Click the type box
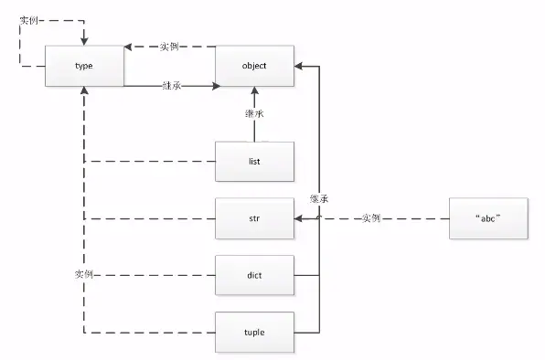tap(84, 67)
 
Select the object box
tap(254, 67)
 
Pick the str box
tap(254, 219)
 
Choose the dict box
tap(254, 274)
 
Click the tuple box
tap(254, 331)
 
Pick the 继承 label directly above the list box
tap(254, 114)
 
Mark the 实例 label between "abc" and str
tap(371, 219)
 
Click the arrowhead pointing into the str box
tap(298, 219)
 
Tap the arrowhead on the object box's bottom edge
tap(254, 93)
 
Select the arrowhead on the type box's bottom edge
tap(84, 93)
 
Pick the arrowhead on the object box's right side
tap(298, 67)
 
